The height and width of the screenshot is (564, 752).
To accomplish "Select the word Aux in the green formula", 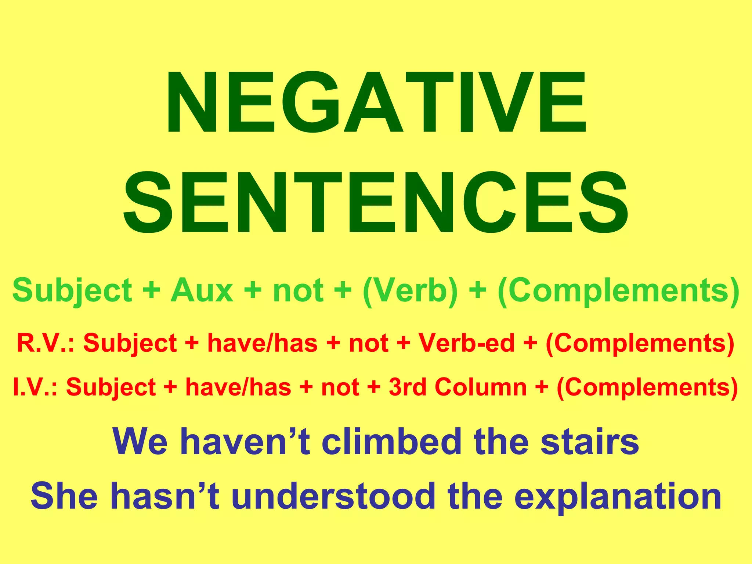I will click(x=202, y=290).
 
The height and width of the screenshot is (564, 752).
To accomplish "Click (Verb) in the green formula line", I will click(x=410, y=290).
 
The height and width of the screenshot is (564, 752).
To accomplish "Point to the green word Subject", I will click(x=72, y=290).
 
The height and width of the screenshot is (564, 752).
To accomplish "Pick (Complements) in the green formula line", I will click(x=618, y=290).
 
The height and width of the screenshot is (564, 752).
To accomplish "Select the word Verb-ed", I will click(x=467, y=343).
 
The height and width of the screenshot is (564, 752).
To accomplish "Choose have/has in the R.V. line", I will click(x=262, y=343).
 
